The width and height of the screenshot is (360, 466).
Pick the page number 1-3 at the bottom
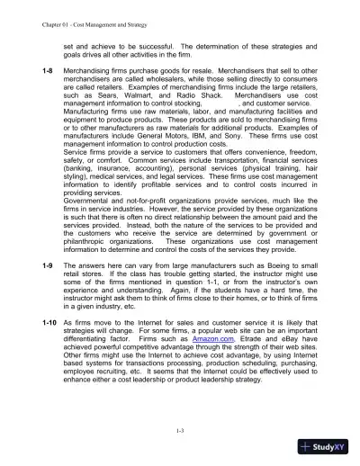[180, 433]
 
